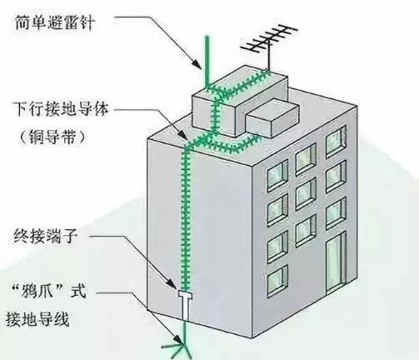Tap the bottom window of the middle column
point(306,226)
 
